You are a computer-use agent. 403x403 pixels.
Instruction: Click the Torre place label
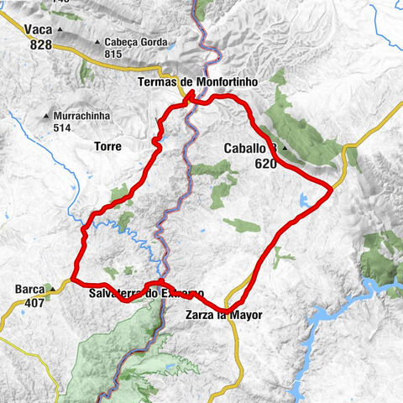pyautogui.click(x=109, y=146)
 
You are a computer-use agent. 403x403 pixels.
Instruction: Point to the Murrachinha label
pyautogui.click(x=78, y=116)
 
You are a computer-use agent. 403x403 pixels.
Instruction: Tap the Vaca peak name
pyautogui.click(x=39, y=29)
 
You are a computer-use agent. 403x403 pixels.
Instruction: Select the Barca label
pyautogui.click(x=24, y=290)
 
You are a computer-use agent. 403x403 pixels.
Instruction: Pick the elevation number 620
pyautogui.click(x=267, y=164)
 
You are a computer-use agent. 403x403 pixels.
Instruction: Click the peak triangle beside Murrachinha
pyautogui.click(x=46, y=116)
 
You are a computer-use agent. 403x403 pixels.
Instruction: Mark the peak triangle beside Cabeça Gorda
pyautogui.click(x=99, y=42)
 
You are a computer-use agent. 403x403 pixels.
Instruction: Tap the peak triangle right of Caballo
pyautogui.click(x=285, y=149)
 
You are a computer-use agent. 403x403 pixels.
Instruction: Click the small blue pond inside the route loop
pyautogui.click(x=303, y=200)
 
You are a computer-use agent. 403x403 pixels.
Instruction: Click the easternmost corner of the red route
pyautogui.click(x=332, y=188)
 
